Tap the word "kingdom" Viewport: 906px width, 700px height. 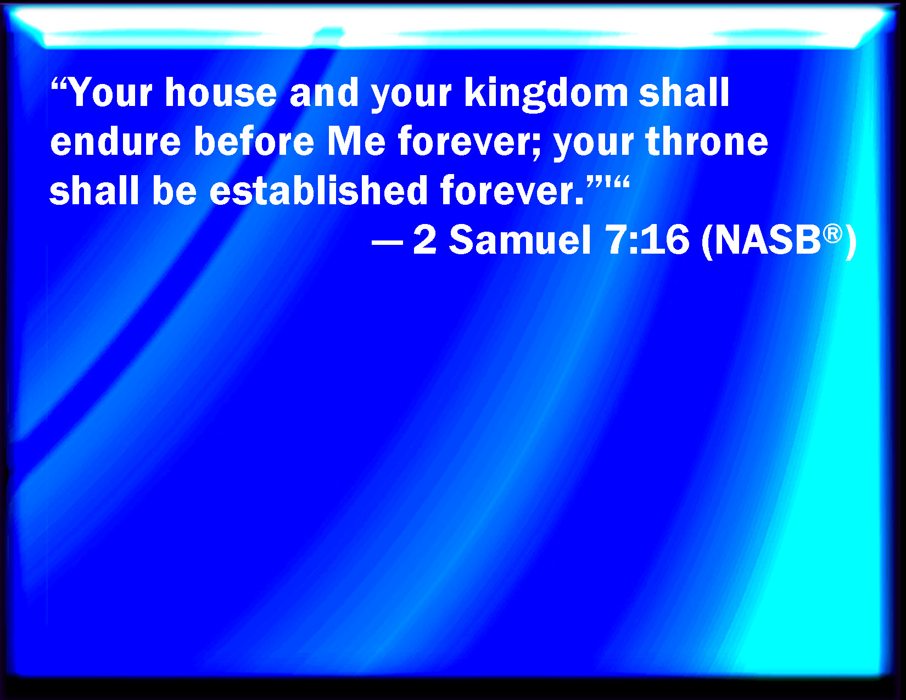point(546,94)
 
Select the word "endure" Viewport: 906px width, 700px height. point(115,141)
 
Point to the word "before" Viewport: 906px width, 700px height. point(254,141)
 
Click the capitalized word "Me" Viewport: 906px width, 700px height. point(356,141)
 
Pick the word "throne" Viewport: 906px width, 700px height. point(707,141)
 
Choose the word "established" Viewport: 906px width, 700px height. point(318,190)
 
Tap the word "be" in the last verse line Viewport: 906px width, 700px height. point(174,190)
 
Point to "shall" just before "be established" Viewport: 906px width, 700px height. point(94,190)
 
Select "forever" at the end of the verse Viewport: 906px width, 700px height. point(507,190)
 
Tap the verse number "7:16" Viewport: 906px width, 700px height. point(648,240)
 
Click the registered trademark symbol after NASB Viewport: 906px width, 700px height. point(832,234)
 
